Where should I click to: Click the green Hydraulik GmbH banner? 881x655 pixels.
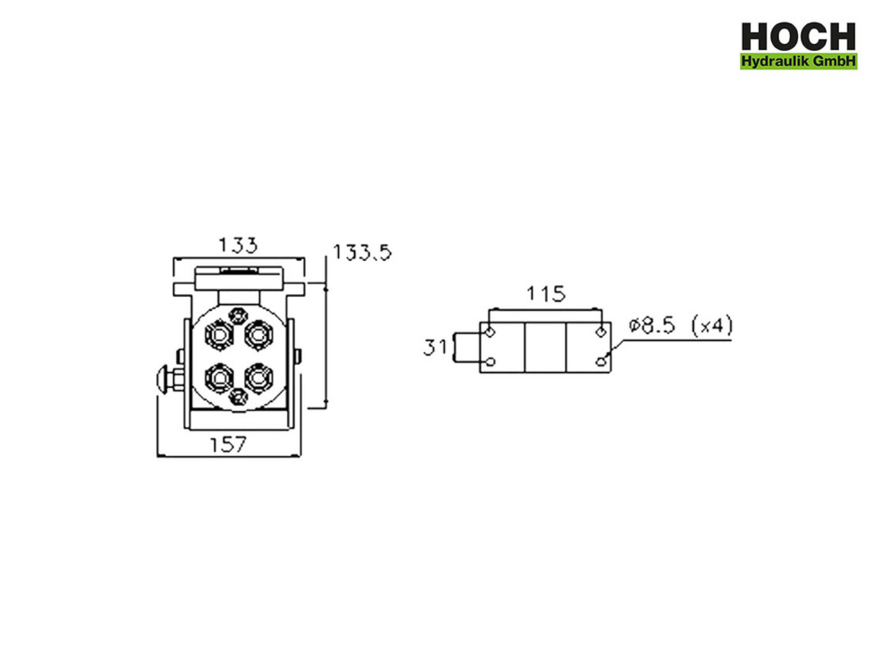click(x=798, y=61)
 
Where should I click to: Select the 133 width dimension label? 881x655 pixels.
click(x=238, y=245)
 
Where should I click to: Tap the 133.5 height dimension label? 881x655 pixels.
click(x=362, y=252)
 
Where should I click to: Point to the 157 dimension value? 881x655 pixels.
click(x=227, y=445)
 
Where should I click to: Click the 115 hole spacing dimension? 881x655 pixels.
click(x=545, y=294)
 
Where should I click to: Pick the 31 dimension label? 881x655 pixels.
click(x=435, y=347)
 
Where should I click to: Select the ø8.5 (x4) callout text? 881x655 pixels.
click(x=680, y=325)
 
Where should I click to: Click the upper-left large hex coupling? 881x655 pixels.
click(x=219, y=335)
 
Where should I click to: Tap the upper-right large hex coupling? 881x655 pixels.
click(x=259, y=334)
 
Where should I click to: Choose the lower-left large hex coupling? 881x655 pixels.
click(x=219, y=378)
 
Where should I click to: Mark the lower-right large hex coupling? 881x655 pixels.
click(x=258, y=377)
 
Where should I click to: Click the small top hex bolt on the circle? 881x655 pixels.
click(x=238, y=316)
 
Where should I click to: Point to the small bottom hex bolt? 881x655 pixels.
click(x=238, y=397)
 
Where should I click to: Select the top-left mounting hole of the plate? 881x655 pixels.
click(x=490, y=332)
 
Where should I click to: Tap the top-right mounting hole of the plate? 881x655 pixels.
click(x=600, y=332)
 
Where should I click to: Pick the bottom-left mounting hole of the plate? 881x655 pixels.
click(x=490, y=362)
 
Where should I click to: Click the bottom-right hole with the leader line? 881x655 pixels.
click(x=600, y=362)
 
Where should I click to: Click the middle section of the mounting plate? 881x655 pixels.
click(x=545, y=347)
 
